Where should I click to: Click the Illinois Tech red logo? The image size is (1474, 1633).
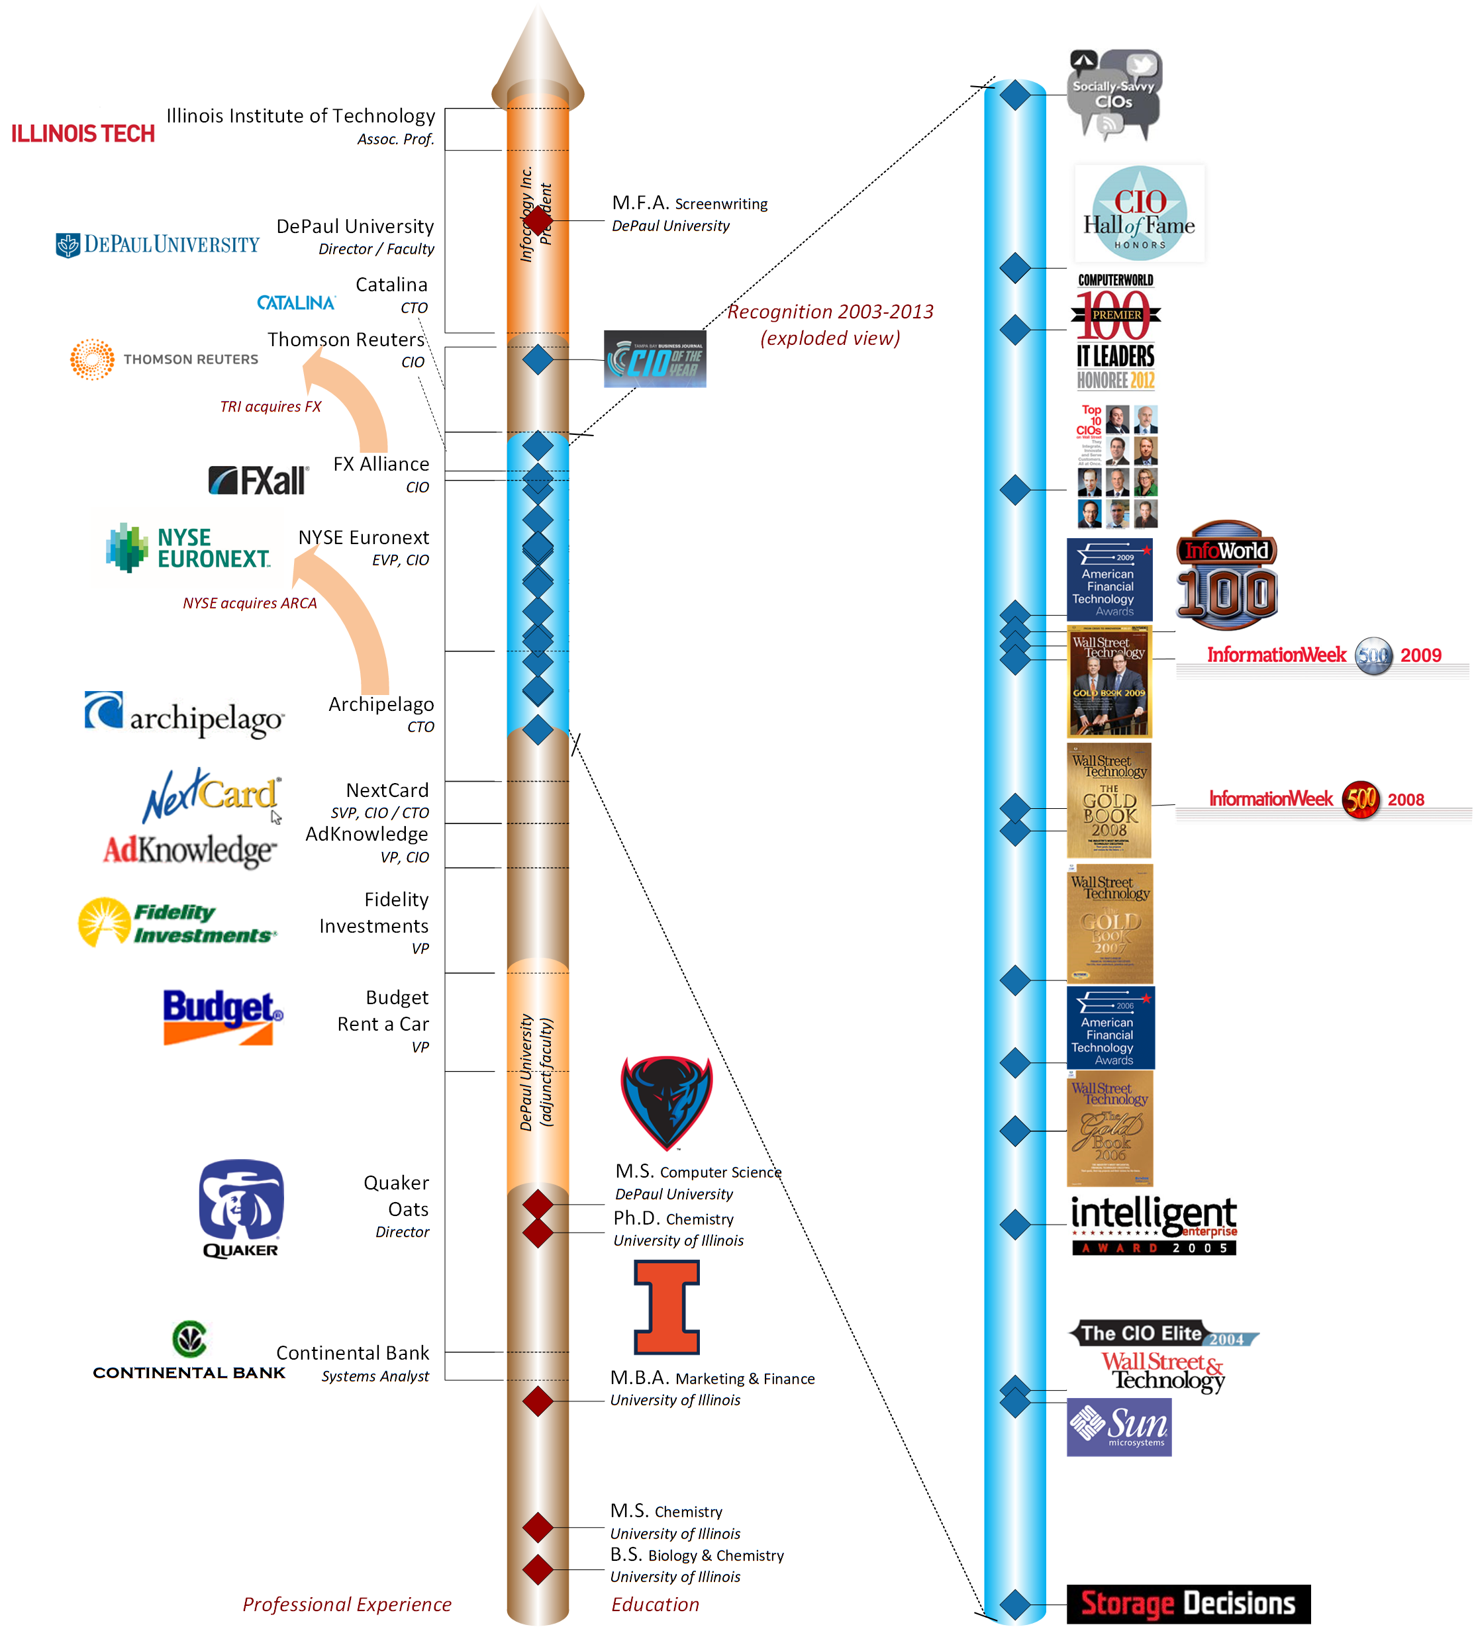click(83, 134)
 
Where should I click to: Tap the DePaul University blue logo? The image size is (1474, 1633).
click(157, 244)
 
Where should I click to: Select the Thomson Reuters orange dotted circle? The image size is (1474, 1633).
click(91, 359)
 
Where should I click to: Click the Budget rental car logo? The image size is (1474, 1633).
click(222, 1016)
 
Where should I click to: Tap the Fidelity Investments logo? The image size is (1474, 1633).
click(177, 922)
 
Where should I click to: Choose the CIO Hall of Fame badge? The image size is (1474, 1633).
click(1140, 214)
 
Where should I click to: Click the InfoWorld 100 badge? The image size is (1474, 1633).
click(1226, 575)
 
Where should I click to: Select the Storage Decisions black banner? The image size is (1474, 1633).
click(1187, 1603)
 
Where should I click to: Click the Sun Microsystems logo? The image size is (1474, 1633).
click(1118, 1426)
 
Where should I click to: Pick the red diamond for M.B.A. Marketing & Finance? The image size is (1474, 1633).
click(538, 1401)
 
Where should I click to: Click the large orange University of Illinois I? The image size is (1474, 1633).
click(667, 1307)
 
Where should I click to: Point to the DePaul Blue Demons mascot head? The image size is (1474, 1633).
click(667, 1100)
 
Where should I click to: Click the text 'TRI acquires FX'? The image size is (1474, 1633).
click(271, 406)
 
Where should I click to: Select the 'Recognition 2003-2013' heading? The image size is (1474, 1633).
click(830, 312)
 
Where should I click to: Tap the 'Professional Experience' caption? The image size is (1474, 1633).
click(346, 1604)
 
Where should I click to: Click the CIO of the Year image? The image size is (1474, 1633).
click(655, 359)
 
